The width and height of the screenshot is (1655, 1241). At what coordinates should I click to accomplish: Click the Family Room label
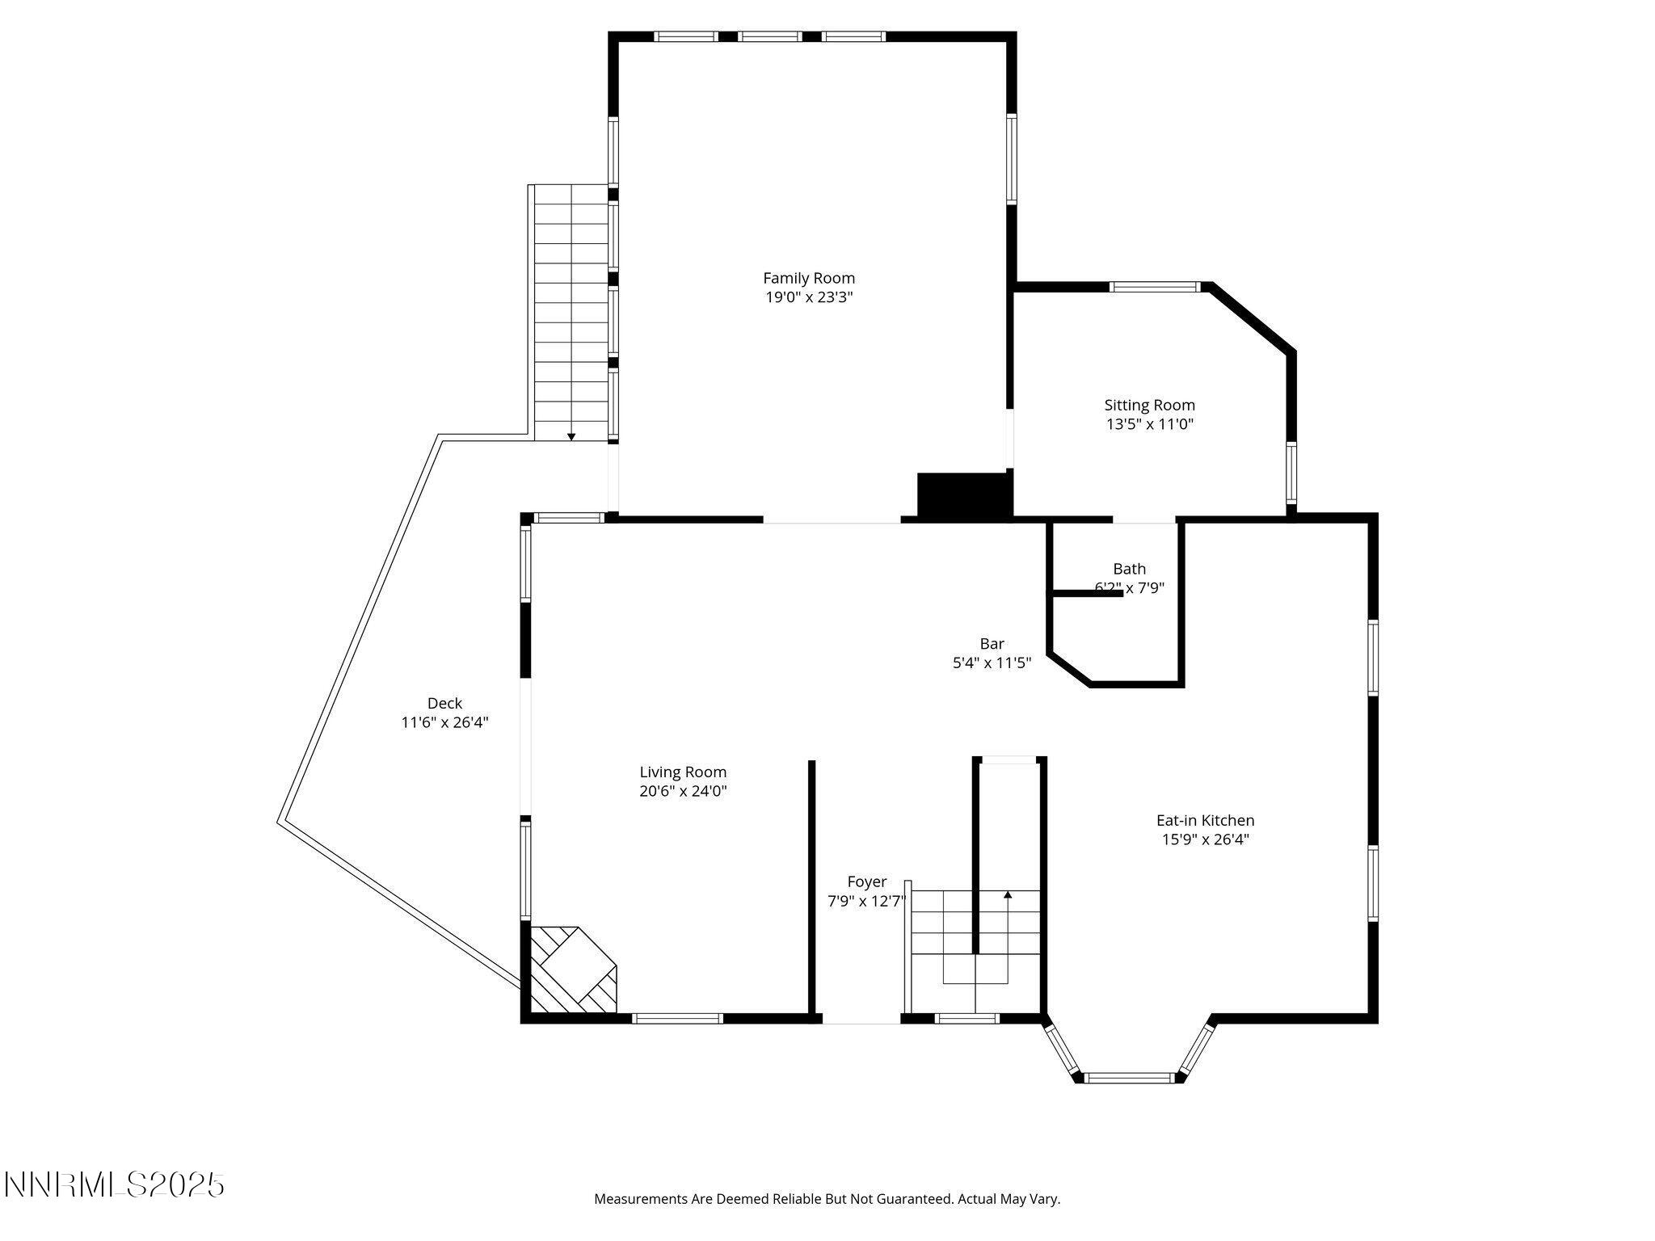[x=809, y=278]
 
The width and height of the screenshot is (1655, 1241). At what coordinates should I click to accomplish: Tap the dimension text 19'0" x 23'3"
[x=809, y=297]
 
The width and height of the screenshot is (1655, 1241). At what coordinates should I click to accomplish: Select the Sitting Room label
[x=1149, y=405]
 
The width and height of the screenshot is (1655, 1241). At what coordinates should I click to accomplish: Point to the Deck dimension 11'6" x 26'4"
[x=444, y=722]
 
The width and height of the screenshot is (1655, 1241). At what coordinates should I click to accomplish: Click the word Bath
[x=1129, y=569]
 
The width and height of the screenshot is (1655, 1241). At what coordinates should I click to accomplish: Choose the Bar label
[x=992, y=644]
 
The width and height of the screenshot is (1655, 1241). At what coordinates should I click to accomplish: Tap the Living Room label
[x=683, y=772]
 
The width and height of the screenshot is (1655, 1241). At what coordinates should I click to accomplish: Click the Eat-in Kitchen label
[x=1205, y=820]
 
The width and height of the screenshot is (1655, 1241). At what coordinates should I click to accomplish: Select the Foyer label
[x=866, y=881]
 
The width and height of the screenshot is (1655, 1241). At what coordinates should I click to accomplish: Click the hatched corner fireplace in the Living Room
[x=572, y=969]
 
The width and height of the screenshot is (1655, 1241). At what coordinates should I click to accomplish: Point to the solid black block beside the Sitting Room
[x=964, y=494]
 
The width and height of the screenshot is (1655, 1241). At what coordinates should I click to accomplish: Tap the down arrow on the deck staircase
[x=571, y=436]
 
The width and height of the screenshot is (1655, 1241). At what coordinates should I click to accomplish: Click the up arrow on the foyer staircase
[x=1008, y=894]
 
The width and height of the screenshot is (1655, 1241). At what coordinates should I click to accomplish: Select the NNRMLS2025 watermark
[x=114, y=1185]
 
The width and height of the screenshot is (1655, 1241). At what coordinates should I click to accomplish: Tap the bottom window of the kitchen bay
[x=1128, y=1077]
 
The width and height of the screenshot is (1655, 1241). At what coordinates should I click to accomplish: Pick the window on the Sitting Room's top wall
[x=1155, y=286]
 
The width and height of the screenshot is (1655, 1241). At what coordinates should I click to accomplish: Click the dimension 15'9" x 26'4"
[x=1205, y=839]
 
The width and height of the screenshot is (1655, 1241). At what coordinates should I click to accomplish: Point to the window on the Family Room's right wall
[x=1011, y=158]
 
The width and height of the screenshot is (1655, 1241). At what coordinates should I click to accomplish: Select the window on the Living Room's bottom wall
[x=677, y=1018]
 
